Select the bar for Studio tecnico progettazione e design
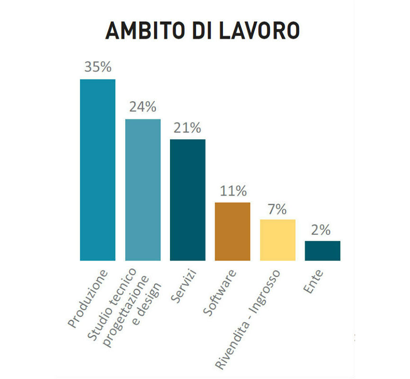pyautogui.click(x=143, y=189)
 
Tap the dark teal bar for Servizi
pyautogui.click(x=187, y=199)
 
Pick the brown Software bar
pyautogui.click(x=232, y=231)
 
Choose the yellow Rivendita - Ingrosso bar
pyautogui.click(x=277, y=240)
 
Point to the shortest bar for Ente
pyautogui.click(x=322, y=251)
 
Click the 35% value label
pyautogui.click(x=98, y=67)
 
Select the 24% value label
pyautogui.click(x=143, y=107)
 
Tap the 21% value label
pyautogui.click(x=187, y=127)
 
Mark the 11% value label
pyautogui.click(x=233, y=191)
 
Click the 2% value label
pyautogui.click(x=323, y=230)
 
